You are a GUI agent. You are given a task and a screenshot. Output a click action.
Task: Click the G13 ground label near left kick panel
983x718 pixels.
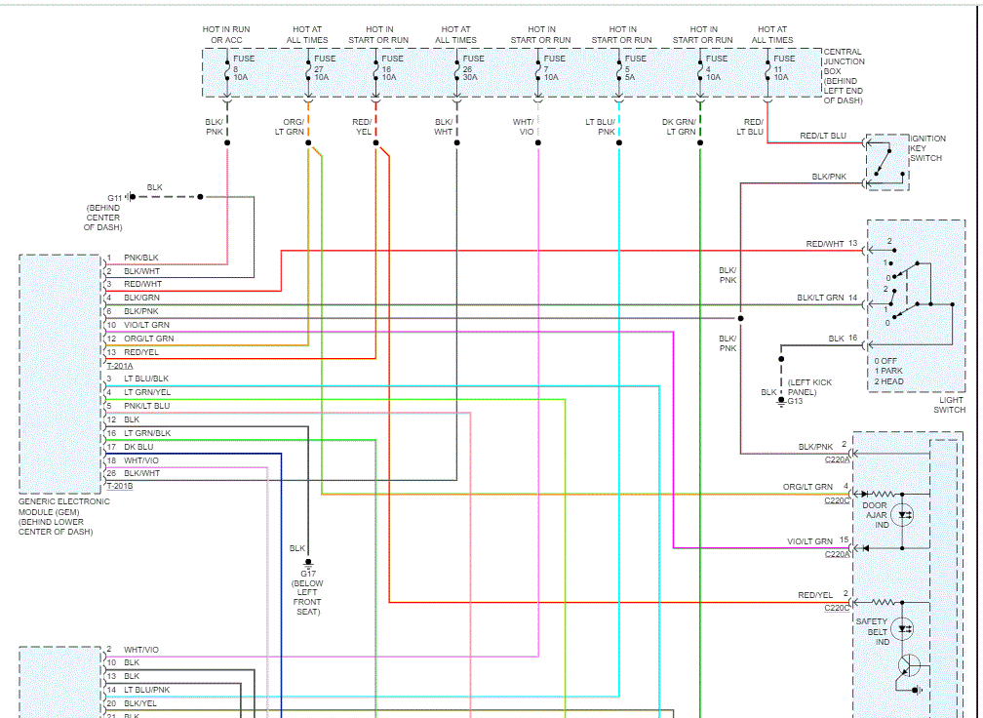pos(795,401)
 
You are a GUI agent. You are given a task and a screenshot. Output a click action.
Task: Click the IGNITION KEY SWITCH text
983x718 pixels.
pos(926,149)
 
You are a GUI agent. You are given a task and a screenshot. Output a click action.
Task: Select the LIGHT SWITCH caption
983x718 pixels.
pos(949,405)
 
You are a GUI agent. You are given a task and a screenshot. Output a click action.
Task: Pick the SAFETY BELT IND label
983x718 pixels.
pos(873,631)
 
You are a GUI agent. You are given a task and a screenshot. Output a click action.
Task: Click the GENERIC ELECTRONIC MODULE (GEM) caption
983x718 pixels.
pos(63,516)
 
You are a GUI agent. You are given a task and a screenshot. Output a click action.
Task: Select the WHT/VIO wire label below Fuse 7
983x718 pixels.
pos(524,126)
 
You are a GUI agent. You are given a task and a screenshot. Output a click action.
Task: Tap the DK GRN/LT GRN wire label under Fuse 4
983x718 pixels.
pos(680,126)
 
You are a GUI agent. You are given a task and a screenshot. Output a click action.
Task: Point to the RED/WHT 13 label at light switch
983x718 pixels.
pos(831,244)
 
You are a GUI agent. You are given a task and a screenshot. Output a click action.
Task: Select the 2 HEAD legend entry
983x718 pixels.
pos(888,381)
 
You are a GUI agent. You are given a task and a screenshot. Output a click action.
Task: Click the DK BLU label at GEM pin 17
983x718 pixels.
pos(138,447)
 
